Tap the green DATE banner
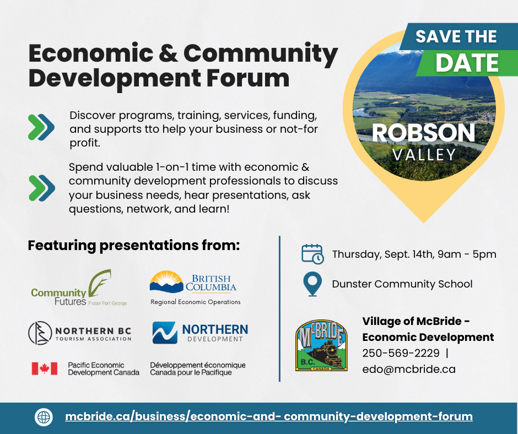[466, 63]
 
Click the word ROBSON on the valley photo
[424, 133]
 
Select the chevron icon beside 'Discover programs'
[41, 127]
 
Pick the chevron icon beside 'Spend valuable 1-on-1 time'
[42, 188]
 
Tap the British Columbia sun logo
[166, 282]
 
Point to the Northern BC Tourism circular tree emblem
[40, 333]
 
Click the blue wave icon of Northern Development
[165, 333]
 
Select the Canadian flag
[45, 368]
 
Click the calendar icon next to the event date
[312, 254]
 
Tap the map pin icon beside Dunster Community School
[312, 284]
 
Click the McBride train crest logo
[321, 345]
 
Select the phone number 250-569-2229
[401, 353]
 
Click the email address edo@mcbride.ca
[409, 369]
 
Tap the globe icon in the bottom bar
[44, 417]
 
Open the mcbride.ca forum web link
[269, 416]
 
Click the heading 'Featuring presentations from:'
[134, 246]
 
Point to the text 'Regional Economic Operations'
[196, 302]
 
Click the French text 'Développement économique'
[198, 365]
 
